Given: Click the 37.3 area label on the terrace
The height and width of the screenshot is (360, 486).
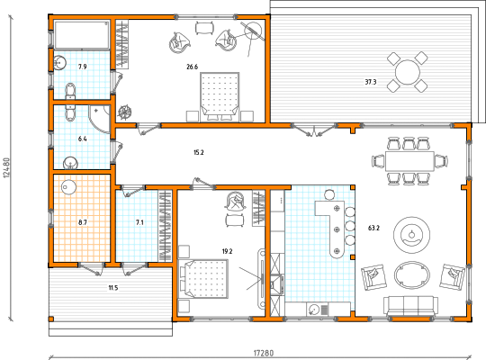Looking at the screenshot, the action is tap(371, 82).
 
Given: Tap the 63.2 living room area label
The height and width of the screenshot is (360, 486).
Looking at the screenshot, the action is tap(373, 229).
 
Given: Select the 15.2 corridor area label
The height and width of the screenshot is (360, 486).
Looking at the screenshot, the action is tap(198, 152).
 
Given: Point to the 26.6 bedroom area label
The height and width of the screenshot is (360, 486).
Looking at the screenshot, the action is tap(193, 67).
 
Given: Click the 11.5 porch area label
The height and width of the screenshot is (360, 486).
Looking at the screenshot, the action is tap(113, 288).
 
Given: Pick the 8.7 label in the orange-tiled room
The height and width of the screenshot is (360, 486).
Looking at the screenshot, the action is tap(83, 222).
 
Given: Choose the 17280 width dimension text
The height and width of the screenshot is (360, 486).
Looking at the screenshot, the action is tap(264, 353).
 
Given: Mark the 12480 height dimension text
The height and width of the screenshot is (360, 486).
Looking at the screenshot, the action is tap(7, 168).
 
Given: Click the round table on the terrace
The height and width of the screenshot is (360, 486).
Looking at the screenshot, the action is tap(408, 72).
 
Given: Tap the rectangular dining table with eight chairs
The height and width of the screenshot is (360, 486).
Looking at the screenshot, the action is tap(409, 161).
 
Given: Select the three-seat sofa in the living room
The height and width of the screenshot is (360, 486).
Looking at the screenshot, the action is tap(410, 306).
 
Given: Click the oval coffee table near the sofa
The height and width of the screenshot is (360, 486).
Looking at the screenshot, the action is tap(412, 275).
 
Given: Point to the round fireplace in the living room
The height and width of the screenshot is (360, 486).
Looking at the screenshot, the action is tap(411, 235).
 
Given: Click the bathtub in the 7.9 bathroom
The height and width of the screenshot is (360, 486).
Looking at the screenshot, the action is tap(82, 35).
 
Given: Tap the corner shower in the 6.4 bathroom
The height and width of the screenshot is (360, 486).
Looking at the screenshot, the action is tap(100, 119).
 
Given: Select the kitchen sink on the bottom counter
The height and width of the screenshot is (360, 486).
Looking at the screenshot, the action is tap(314, 310).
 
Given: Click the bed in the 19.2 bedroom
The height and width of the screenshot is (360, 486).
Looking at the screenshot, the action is tap(203, 279).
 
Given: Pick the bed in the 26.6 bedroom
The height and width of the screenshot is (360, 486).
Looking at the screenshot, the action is tap(220, 97).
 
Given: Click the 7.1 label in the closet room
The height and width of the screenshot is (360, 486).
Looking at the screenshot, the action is tap(139, 222).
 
